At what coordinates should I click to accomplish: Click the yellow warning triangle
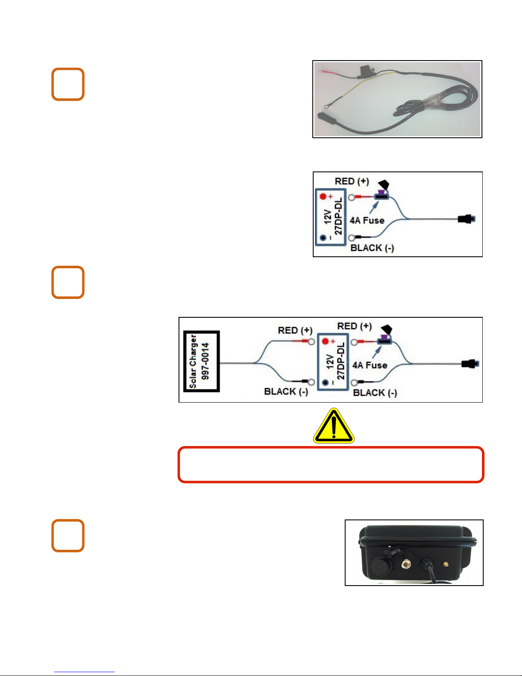pos(334,426)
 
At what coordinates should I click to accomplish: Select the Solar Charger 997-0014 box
pos(202,361)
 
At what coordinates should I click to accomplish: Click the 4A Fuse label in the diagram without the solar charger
pos(367,220)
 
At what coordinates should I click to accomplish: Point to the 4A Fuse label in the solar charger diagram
pos(370,365)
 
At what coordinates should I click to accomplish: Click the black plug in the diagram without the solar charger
pos(466,219)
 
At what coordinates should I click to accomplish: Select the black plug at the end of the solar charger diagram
pos(470,364)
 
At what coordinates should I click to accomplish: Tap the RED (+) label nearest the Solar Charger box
pos(295,331)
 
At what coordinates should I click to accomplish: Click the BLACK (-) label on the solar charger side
pos(286,392)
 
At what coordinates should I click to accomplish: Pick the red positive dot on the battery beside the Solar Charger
pos(325,342)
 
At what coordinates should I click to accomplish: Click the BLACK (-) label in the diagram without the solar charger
pos(372,248)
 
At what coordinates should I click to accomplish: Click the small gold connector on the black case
pos(445,564)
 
